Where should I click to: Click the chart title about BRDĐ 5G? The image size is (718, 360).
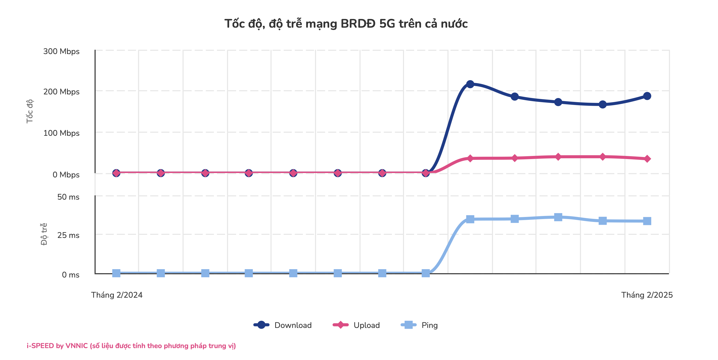(x=346, y=24)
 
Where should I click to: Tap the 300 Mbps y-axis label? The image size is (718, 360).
(x=61, y=51)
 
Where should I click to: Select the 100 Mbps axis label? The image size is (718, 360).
(x=61, y=133)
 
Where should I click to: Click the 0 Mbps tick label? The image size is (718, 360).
(x=66, y=175)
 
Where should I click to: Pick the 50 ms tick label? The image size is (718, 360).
(x=68, y=197)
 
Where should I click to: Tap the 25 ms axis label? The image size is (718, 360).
(x=68, y=235)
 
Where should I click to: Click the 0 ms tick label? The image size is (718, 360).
(x=71, y=275)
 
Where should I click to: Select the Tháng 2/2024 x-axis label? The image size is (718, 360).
(x=117, y=295)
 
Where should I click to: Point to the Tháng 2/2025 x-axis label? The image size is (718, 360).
(x=647, y=295)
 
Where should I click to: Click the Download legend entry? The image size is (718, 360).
(x=283, y=325)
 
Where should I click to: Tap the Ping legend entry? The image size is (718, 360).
(x=419, y=325)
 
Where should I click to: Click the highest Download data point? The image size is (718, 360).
(x=470, y=84)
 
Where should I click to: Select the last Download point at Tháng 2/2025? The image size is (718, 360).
(x=647, y=96)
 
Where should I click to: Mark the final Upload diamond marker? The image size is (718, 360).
(x=647, y=159)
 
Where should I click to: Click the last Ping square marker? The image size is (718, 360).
(x=647, y=221)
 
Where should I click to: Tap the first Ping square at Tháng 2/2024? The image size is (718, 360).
(x=116, y=273)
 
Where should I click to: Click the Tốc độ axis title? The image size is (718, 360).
(x=30, y=111)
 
